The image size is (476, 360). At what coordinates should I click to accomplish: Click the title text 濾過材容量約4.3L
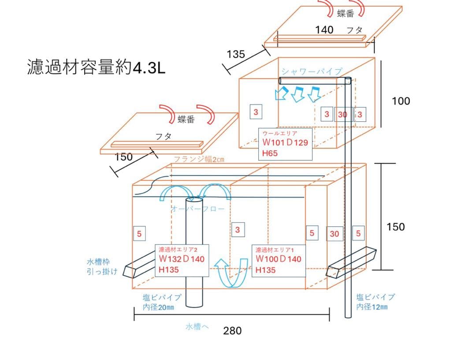click(96, 69)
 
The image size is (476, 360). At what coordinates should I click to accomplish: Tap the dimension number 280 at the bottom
click(232, 330)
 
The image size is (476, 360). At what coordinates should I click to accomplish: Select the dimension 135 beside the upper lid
click(236, 54)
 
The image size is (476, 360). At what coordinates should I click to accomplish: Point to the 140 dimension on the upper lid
click(324, 30)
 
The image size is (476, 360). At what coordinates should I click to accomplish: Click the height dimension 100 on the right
click(401, 101)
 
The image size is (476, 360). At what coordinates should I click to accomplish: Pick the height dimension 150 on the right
click(395, 227)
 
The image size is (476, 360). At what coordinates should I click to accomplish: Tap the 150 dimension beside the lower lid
click(123, 157)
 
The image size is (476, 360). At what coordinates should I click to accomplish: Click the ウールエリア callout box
click(286, 144)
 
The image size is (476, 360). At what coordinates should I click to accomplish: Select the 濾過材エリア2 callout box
click(181, 260)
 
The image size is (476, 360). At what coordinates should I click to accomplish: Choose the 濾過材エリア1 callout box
click(279, 260)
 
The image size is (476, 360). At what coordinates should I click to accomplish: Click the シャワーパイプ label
click(312, 71)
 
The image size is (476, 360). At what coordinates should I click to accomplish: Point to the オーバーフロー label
click(198, 209)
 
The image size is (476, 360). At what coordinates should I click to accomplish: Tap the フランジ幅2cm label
click(199, 159)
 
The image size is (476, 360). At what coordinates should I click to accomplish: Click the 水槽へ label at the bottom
click(197, 326)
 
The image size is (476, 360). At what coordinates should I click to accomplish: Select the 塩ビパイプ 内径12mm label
click(376, 302)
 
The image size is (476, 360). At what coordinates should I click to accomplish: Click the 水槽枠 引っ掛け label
click(102, 266)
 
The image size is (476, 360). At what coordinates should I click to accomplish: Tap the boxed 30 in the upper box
click(342, 114)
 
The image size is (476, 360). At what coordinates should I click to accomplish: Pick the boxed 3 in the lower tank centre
click(237, 229)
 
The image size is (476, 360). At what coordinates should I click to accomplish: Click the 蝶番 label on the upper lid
click(346, 14)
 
